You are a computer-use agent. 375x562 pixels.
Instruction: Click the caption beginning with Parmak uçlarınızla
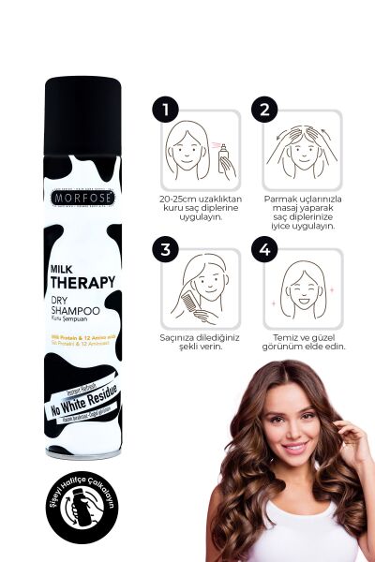(302, 213)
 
